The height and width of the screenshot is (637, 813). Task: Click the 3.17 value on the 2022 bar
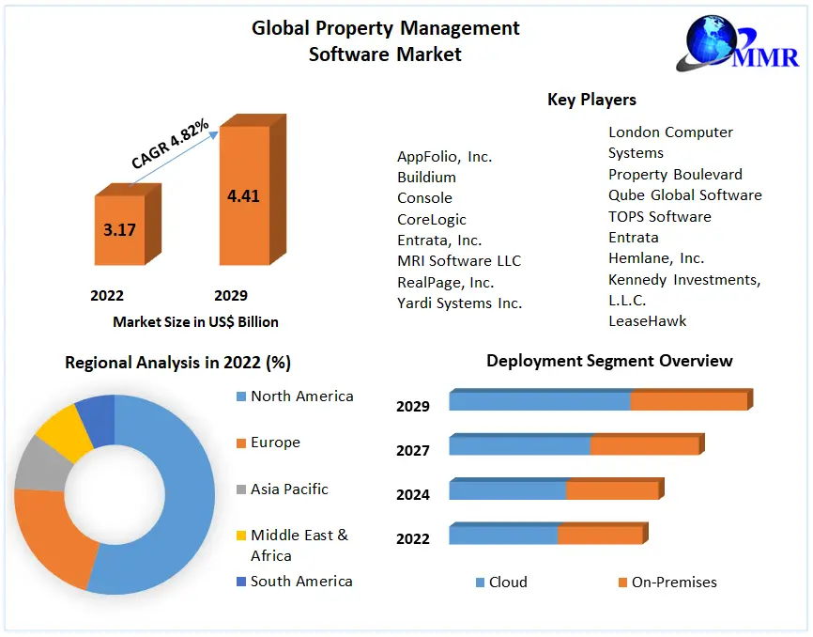click(x=119, y=229)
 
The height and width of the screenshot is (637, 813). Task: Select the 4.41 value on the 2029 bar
click(x=243, y=196)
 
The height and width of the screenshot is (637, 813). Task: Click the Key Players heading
click(x=591, y=100)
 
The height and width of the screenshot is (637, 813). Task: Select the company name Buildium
click(x=426, y=177)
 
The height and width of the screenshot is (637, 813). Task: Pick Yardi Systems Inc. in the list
click(x=459, y=303)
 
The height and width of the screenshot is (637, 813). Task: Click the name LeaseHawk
click(x=647, y=320)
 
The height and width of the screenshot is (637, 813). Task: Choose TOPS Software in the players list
click(x=659, y=216)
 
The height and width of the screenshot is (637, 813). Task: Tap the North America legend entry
click(x=301, y=396)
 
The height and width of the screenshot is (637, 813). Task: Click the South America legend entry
click(x=301, y=581)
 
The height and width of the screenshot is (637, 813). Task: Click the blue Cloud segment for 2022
click(x=503, y=535)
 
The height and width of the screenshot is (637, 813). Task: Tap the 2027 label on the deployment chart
click(x=413, y=450)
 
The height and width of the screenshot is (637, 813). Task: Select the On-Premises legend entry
click(x=673, y=583)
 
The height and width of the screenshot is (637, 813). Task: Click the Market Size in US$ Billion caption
click(x=195, y=321)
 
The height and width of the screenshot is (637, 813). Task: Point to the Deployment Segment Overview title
click(x=609, y=361)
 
